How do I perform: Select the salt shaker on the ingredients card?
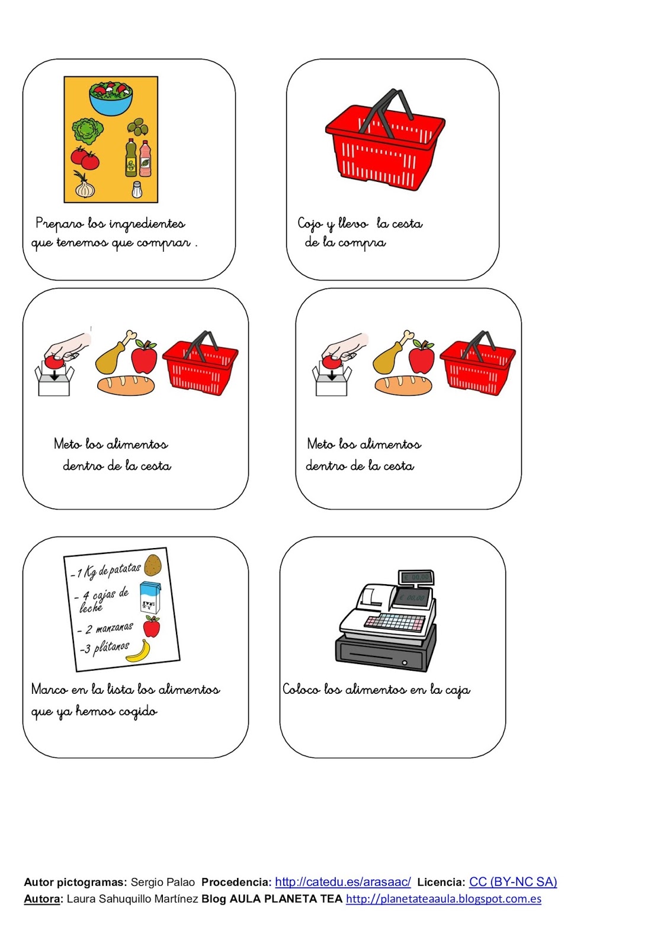136,190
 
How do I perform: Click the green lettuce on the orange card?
88,131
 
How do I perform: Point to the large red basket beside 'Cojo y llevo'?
385,145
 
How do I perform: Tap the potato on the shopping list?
153,565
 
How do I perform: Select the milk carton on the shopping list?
150,597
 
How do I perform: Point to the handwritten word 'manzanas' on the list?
114,627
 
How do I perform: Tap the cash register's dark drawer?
385,655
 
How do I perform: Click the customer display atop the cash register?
416,577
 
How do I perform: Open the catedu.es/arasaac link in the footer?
342,882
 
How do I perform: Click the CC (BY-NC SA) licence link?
512,882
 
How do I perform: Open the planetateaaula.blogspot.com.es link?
443,899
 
